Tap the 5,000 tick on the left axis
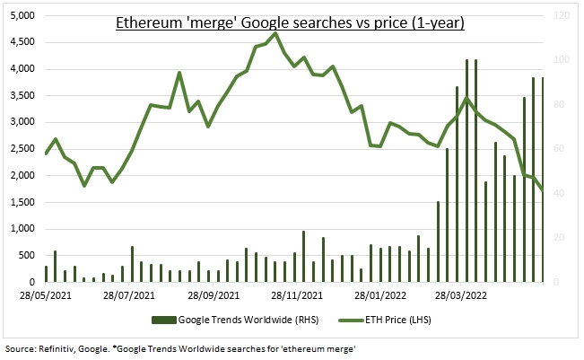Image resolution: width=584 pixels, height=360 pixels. point(22,16)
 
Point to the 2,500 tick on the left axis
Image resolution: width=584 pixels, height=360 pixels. point(22,149)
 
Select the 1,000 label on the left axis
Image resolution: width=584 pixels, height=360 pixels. point(22,229)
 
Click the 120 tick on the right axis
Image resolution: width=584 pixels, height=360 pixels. point(561,16)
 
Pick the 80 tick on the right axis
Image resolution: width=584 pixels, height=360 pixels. point(558,105)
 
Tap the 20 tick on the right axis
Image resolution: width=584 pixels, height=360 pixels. point(558,238)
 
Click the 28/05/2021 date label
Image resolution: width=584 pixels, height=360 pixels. point(46,293)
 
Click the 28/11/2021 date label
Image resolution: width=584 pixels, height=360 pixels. point(298,293)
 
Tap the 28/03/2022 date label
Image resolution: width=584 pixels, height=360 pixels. point(463,293)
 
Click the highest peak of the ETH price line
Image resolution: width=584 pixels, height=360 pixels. point(275,34)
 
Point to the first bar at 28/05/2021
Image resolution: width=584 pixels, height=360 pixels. point(46,274)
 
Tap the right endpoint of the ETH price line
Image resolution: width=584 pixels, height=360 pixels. point(543,189)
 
